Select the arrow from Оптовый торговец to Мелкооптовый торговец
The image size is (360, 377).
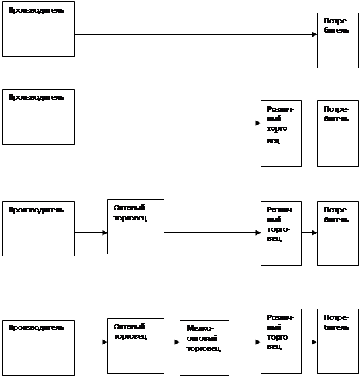point(172,342)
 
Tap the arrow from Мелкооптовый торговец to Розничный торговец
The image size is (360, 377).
point(245,342)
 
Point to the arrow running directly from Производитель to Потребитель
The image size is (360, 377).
point(196,35)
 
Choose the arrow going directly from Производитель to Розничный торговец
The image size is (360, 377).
point(168,123)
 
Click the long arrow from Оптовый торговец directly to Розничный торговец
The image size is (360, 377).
point(213,233)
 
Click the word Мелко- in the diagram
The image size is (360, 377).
point(200,328)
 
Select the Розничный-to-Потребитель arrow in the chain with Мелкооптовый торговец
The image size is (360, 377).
point(309,342)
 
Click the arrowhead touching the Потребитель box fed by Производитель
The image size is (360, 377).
point(315,35)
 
